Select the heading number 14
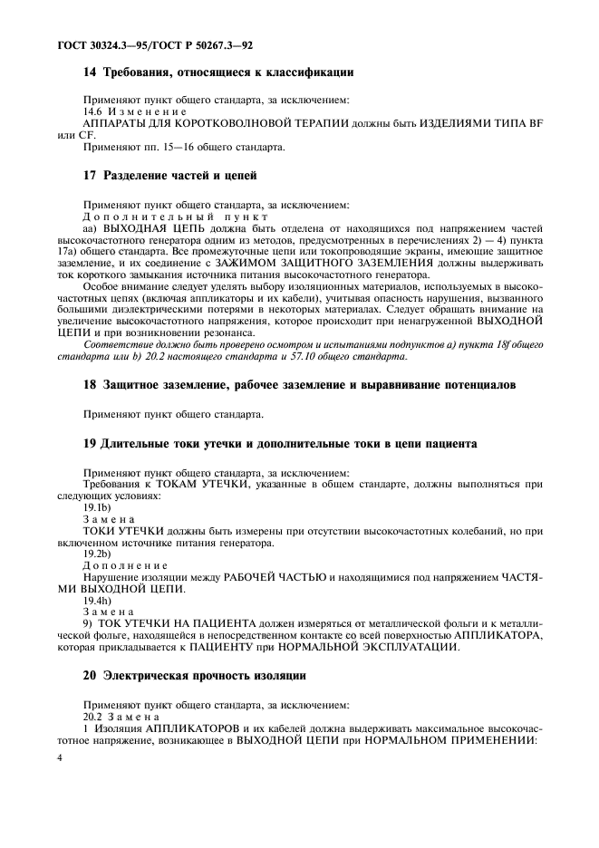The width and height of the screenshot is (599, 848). coord(90,72)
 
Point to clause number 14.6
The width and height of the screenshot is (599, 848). coord(95,111)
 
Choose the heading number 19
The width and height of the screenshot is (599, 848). coord(90,443)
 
